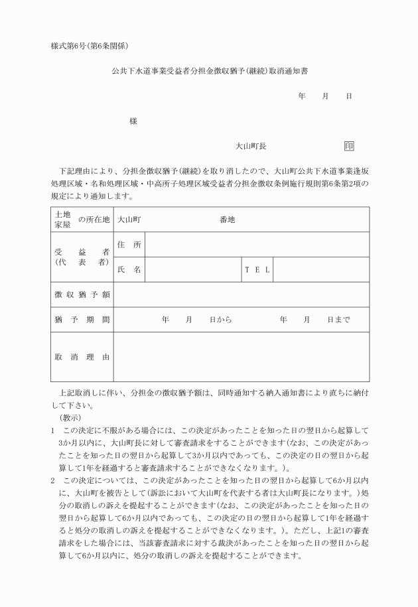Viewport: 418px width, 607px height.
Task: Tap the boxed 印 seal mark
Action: click(x=349, y=146)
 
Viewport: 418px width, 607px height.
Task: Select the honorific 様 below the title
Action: click(x=133, y=121)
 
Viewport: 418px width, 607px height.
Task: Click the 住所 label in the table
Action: click(x=129, y=245)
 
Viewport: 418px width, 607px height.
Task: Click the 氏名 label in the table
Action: click(x=129, y=269)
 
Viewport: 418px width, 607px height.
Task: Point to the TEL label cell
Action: click(x=257, y=269)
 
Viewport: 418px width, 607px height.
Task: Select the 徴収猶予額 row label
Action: click(x=82, y=295)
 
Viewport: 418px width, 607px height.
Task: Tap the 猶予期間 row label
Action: click(x=82, y=320)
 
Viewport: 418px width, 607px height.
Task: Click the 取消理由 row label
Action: click(x=82, y=357)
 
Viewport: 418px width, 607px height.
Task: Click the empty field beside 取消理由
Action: click(x=241, y=357)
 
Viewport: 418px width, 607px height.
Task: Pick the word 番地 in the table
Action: click(x=227, y=220)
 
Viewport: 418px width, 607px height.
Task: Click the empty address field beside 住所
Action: click(x=257, y=245)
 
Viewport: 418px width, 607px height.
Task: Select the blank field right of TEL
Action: click(x=320, y=269)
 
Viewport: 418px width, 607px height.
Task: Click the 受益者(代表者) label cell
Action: click(x=82, y=257)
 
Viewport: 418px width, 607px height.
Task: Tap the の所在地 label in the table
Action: click(x=94, y=220)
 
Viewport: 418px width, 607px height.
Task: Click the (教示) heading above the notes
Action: click(x=70, y=418)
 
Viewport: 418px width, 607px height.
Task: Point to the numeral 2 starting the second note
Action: click(x=52, y=478)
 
